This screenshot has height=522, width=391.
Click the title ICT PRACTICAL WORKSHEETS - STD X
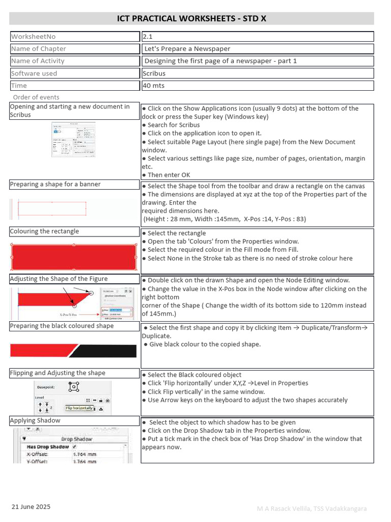click(x=191, y=19)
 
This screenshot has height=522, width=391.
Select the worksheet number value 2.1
click(x=148, y=37)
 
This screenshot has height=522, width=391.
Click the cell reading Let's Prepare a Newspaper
click(x=187, y=49)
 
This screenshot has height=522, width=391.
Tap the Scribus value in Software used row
click(x=155, y=73)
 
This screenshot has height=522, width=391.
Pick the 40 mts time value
click(x=154, y=86)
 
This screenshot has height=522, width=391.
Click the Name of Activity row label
click(x=38, y=61)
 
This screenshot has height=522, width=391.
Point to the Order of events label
click(x=36, y=97)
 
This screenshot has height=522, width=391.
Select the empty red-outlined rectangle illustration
click(x=52, y=208)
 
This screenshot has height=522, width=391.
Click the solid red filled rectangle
click(x=73, y=256)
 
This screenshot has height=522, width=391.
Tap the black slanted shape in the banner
click(x=107, y=351)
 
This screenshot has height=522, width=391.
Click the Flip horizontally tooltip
click(x=79, y=408)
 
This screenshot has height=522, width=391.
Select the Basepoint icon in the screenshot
click(x=74, y=387)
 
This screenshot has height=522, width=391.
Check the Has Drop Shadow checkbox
click(x=75, y=447)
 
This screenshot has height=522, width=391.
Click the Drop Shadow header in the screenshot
click(x=76, y=439)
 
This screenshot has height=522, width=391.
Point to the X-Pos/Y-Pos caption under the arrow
click(x=72, y=315)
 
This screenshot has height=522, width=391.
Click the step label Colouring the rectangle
click(x=44, y=231)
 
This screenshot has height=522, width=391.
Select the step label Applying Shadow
click(x=35, y=421)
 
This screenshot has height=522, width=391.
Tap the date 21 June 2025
click(x=31, y=507)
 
